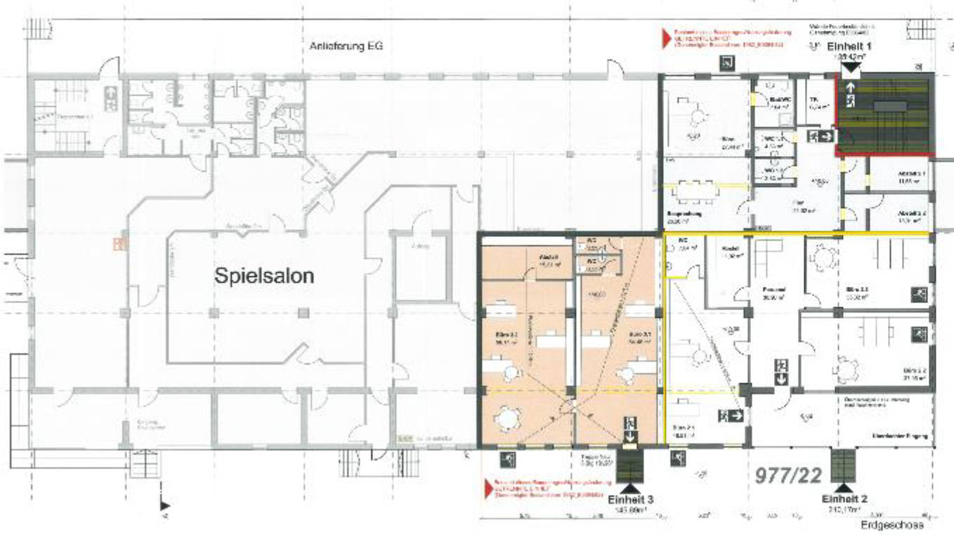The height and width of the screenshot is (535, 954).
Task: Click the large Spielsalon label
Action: pyautogui.click(x=263, y=276)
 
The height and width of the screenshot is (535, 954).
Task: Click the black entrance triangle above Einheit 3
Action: pyautogui.click(x=629, y=486)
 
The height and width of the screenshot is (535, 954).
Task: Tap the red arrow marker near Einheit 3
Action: pyautogui.click(x=485, y=484)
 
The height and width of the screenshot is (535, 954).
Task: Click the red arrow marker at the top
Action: pyautogui.click(x=662, y=34)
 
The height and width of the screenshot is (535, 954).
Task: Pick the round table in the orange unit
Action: pyautogui.click(x=506, y=419)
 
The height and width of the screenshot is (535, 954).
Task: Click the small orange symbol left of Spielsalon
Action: pyautogui.click(x=119, y=245)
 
